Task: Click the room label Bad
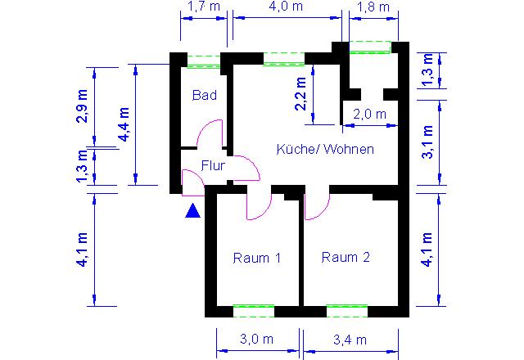point(205,95)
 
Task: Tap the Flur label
point(213,165)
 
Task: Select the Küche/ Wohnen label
point(325,149)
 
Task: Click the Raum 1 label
point(256,258)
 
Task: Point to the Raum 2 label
point(346,257)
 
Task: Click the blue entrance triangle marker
point(193,211)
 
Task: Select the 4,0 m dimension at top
point(286,7)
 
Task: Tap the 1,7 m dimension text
point(204,7)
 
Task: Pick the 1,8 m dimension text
point(373,7)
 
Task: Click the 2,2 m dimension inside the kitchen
point(300,93)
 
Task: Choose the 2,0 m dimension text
point(369,115)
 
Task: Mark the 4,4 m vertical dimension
point(124,124)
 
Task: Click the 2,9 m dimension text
point(82,106)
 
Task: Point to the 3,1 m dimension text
point(427,142)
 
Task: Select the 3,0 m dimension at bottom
point(256,340)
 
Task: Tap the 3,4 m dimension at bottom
point(350,340)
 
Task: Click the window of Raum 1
point(254,311)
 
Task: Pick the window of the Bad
point(204,61)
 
